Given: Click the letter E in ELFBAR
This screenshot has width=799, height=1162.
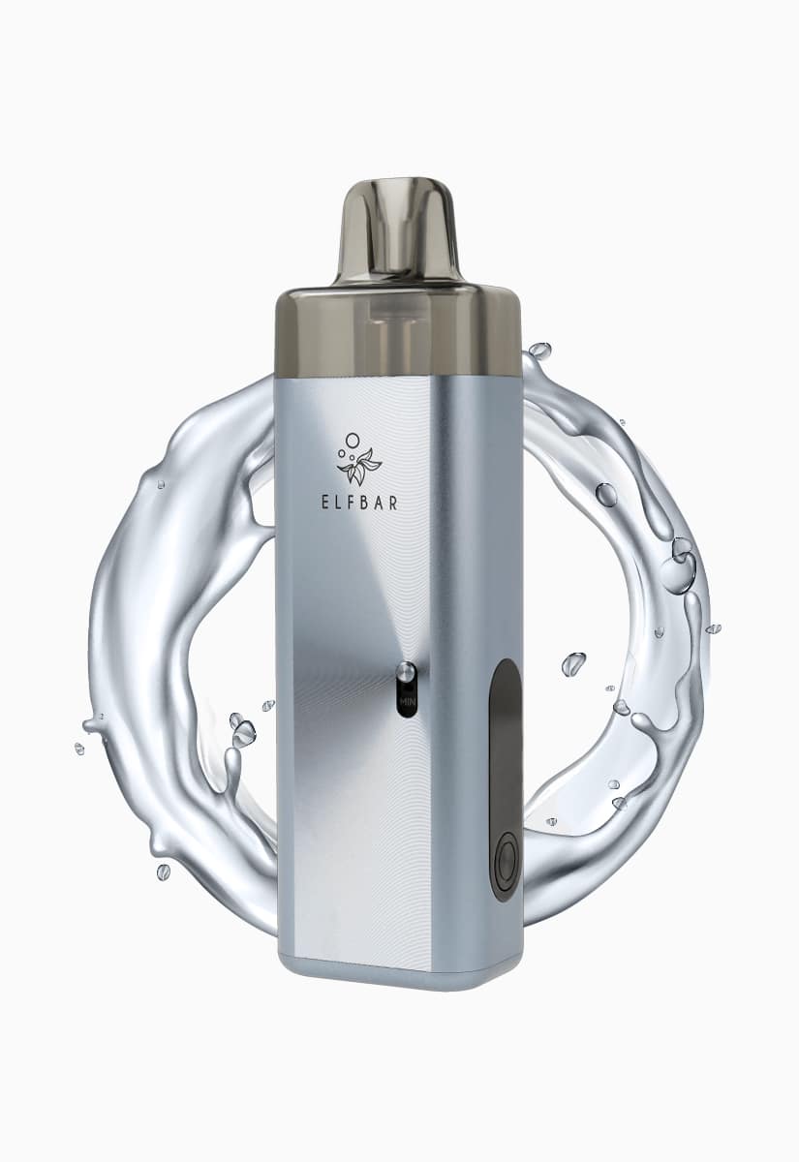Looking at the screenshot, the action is [x=325, y=503].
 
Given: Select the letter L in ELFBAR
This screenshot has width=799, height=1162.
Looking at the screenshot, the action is [x=339, y=503].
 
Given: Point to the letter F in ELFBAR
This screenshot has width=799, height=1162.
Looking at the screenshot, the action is [x=353, y=503].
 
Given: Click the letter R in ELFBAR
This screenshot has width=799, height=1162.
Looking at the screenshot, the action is [x=393, y=503].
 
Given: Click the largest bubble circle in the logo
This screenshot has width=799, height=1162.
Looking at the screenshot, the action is [x=353, y=440].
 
